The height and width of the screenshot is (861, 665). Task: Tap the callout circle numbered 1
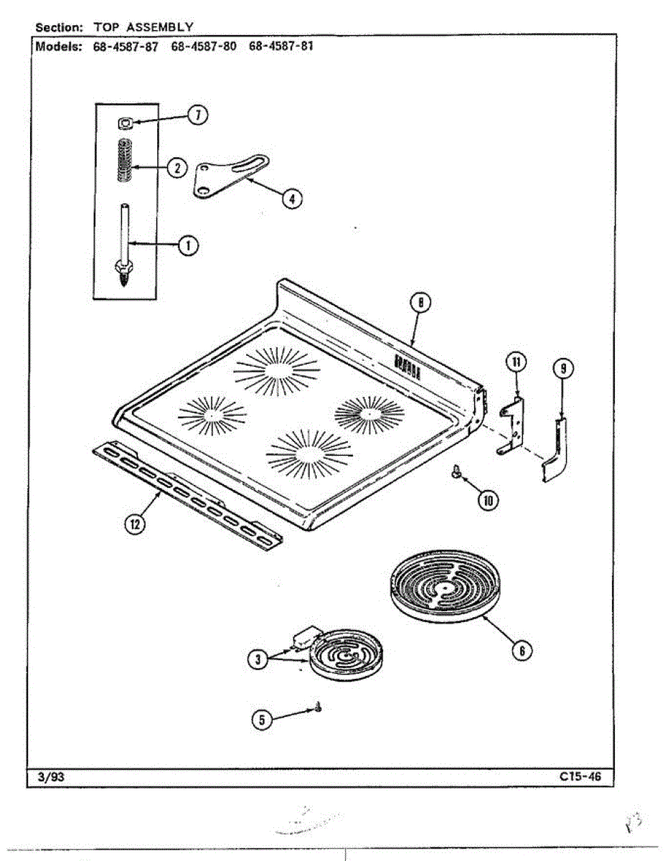[x=189, y=246]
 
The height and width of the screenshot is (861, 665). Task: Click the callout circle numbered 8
[x=421, y=304]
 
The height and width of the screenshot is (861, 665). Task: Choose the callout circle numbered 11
[x=515, y=362]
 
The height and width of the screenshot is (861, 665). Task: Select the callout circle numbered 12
[x=134, y=524]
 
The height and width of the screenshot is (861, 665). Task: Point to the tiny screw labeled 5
[x=317, y=708]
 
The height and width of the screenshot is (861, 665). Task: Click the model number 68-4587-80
[x=204, y=47]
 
